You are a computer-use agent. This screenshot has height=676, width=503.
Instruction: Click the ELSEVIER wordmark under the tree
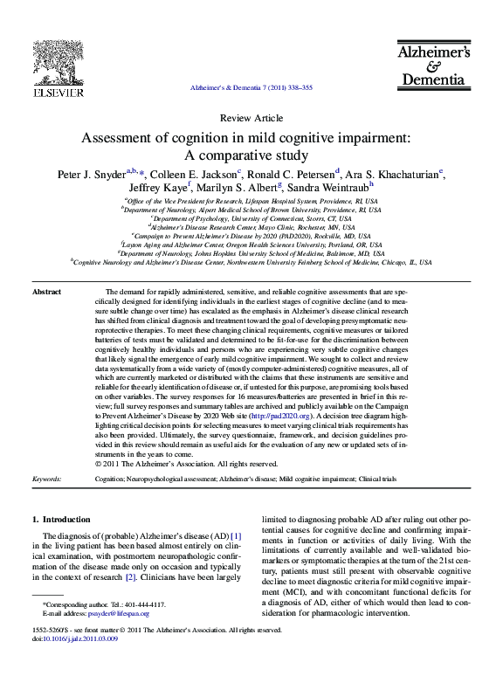click(x=58, y=93)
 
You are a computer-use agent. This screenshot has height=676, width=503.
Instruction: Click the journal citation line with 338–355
click(x=251, y=89)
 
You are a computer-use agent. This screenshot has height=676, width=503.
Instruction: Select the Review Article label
click(x=251, y=118)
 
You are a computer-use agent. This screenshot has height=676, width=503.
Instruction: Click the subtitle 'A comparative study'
click(x=251, y=155)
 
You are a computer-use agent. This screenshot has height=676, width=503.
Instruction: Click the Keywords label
click(x=46, y=479)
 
